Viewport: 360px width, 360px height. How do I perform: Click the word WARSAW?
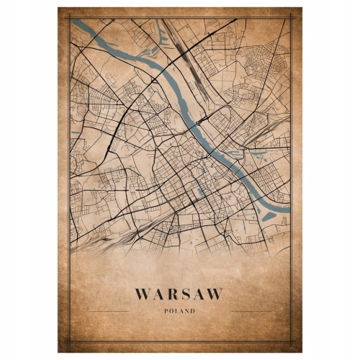[x=178, y=294]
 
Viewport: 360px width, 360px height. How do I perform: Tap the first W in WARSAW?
[x=142, y=294]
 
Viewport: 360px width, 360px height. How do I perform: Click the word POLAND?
[x=179, y=310]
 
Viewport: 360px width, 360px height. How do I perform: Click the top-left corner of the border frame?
[x=69, y=17]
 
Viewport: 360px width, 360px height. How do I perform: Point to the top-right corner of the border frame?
[x=291, y=17]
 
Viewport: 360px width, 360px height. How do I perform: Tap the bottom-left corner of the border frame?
[x=69, y=343]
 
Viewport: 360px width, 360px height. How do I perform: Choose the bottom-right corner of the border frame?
[x=291, y=343]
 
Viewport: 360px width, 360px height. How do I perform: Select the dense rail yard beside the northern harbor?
[x=176, y=40]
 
